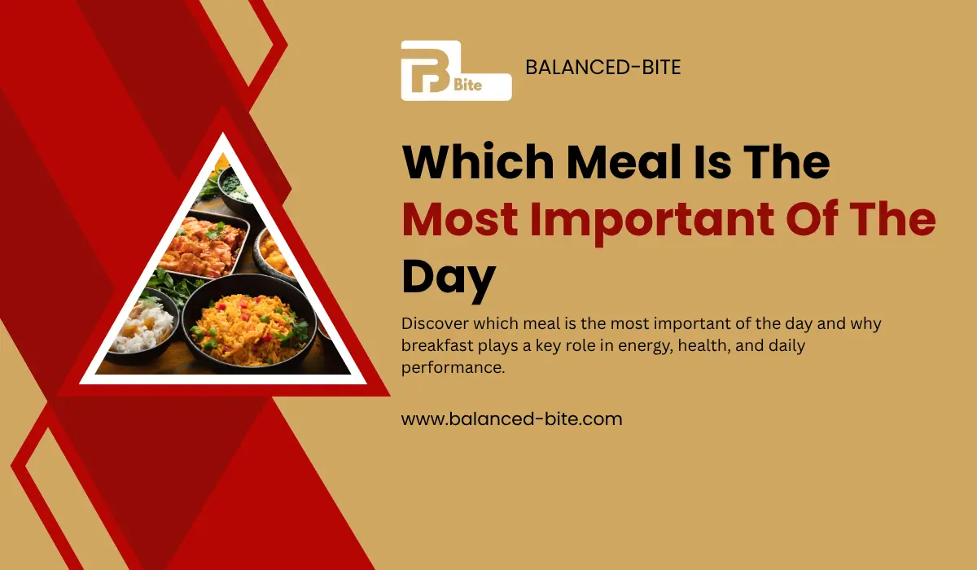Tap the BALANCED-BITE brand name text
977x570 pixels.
[602, 68]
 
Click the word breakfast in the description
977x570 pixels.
[440, 346]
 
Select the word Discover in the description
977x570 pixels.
[435, 324]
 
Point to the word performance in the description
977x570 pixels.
[453, 368]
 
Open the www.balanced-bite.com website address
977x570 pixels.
[511, 419]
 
